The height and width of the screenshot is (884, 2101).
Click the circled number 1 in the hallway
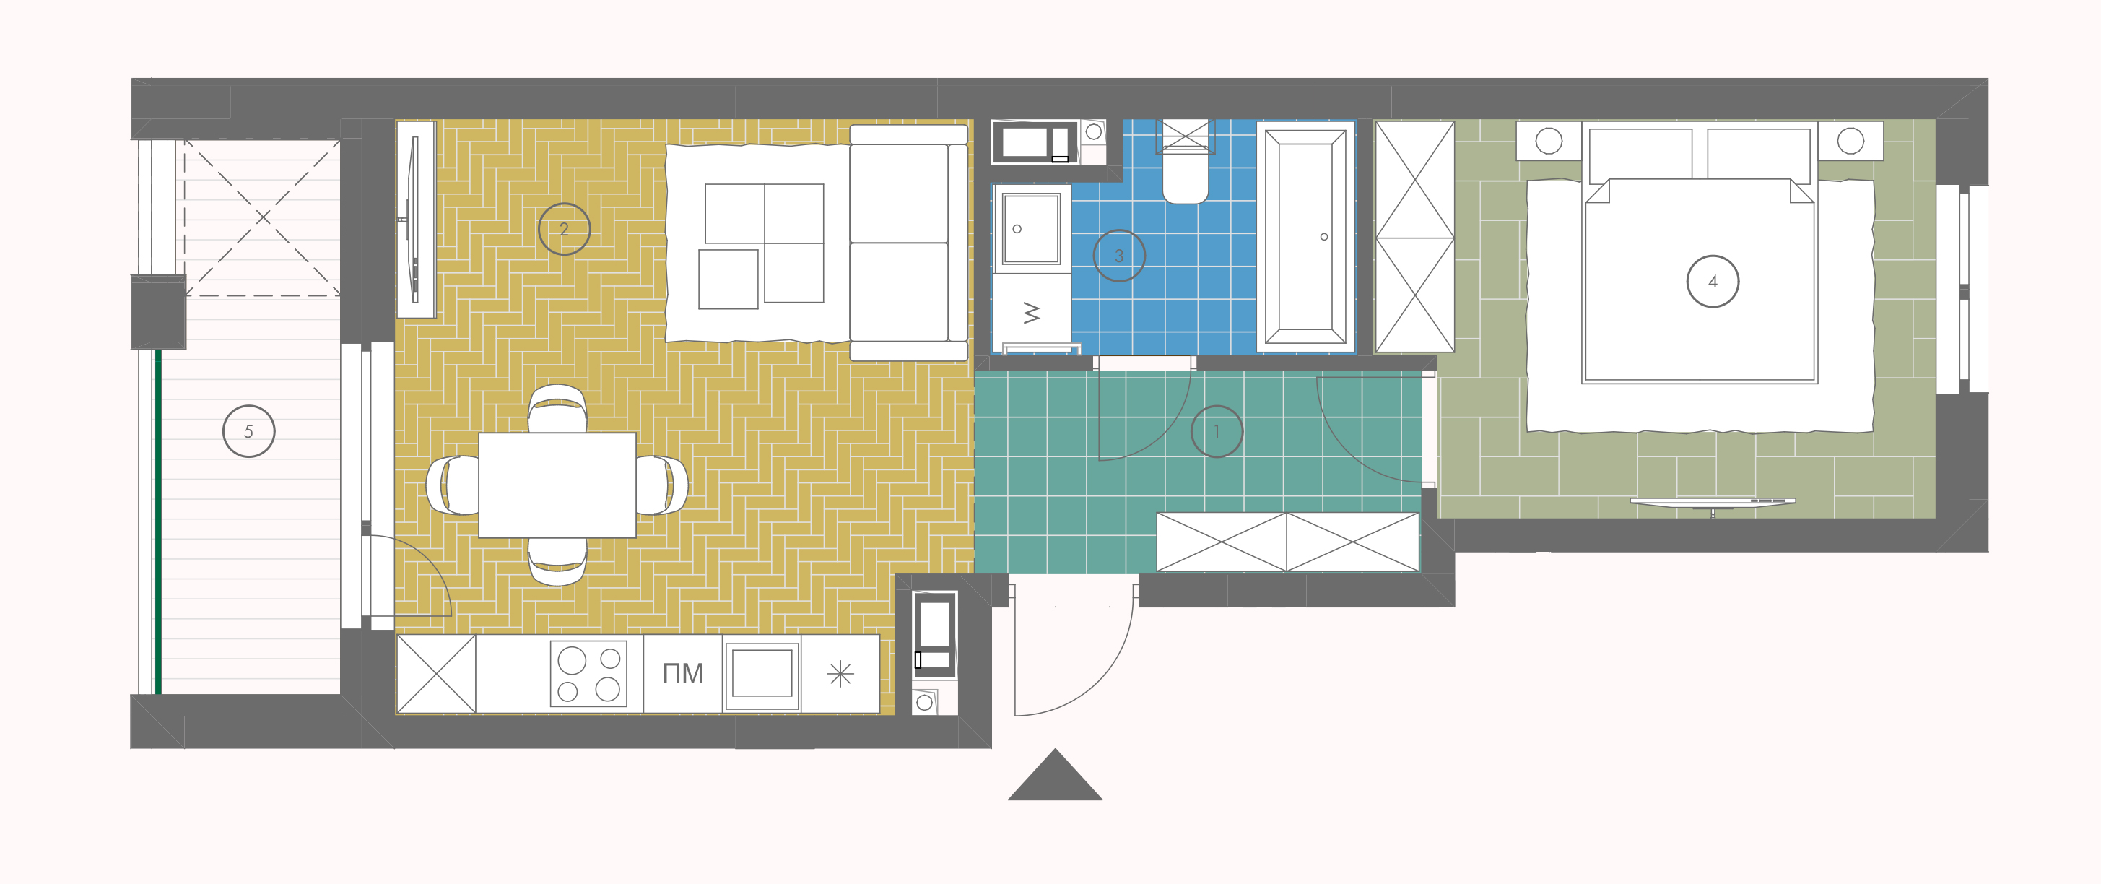pyautogui.click(x=1216, y=431)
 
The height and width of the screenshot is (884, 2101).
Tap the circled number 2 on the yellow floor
pyautogui.click(x=564, y=229)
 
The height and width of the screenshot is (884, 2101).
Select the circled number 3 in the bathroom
pyautogui.click(x=1119, y=255)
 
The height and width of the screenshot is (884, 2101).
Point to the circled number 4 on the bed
pyautogui.click(x=1713, y=282)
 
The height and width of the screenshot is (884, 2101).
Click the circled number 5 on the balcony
pyautogui.click(x=249, y=430)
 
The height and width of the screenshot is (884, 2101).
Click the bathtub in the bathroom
pyautogui.click(x=1306, y=236)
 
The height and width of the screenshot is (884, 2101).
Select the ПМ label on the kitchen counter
pyautogui.click(x=683, y=674)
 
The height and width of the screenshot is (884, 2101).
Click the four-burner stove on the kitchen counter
pyautogui.click(x=589, y=674)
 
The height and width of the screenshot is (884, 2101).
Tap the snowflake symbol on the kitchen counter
pyautogui.click(x=840, y=675)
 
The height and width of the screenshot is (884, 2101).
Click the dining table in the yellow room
pyautogui.click(x=557, y=485)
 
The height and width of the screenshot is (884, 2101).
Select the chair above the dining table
pyautogui.click(x=557, y=409)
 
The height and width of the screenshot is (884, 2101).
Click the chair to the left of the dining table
pyautogui.click(x=453, y=485)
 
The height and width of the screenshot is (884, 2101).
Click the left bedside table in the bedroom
pyautogui.click(x=1549, y=141)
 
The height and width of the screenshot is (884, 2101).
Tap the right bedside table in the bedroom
pyautogui.click(x=1850, y=141)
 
